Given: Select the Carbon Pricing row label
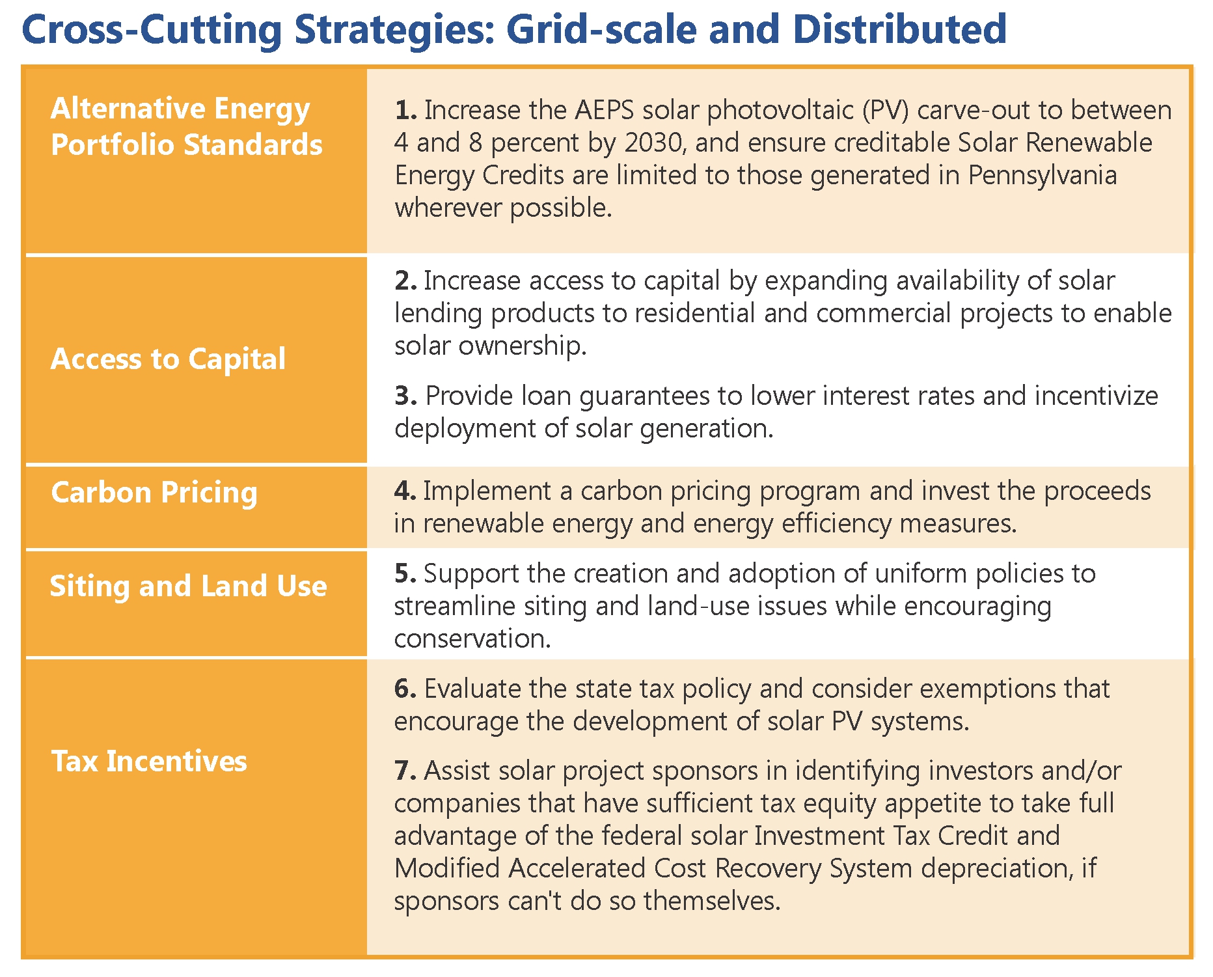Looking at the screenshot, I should coord(154,493).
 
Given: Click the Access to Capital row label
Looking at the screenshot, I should coord(168,359).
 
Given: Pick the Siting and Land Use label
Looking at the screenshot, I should coord(188,586).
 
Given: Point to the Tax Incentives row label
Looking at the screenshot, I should coord(149,761).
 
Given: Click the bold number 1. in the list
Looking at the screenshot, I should coord(405,110).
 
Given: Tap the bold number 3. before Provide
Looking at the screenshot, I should coord(405,396).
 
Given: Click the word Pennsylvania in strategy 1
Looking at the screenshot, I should coord(1042,175).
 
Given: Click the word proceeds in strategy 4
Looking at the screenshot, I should coord(1098,491).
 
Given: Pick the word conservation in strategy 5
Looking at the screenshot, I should coord(472,639).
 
